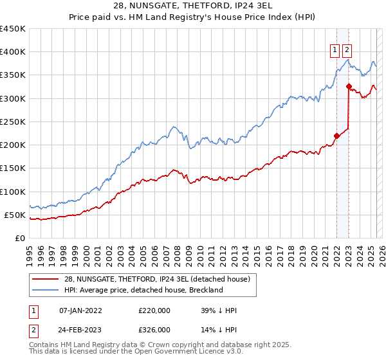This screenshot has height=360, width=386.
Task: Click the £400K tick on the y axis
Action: [x=12, y=52]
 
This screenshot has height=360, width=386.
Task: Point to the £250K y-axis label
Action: [x=12, y=122]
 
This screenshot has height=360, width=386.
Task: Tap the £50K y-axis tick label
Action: [x=15, y=215]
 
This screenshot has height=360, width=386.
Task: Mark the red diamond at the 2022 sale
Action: [x=336, y=136]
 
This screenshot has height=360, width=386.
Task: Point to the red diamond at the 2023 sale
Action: [x=349, y=86]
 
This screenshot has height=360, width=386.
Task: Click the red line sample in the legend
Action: [x=45, y=278]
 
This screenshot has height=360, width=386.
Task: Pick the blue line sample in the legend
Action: [x=45, y=290]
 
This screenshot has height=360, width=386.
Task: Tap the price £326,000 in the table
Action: [x=154, y=329]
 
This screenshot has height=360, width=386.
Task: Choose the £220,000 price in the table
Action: [x=154, y=310]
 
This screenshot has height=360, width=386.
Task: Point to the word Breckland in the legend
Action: [x=204, y=290]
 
